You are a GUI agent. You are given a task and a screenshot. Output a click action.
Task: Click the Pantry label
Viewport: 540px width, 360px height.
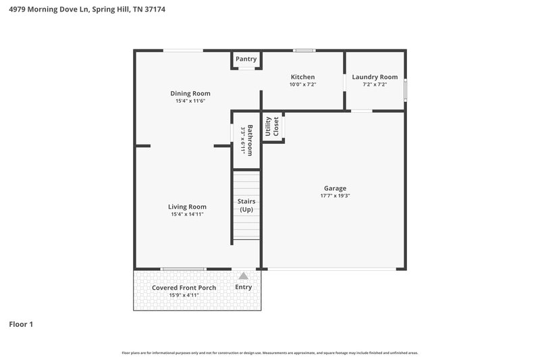click(x=246, y=59)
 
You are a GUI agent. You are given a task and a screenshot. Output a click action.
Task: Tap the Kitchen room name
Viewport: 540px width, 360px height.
click(x=302, y=77)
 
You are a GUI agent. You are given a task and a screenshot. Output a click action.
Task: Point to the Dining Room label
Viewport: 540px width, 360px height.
click(x=190, y=93)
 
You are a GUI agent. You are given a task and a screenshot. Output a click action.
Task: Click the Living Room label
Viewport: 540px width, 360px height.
click(x=187, y=207)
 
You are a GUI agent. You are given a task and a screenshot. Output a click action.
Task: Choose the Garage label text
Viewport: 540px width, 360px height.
click(x=335, y=188)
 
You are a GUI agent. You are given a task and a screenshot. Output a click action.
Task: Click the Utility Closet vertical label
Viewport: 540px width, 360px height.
click(x=272, y=127)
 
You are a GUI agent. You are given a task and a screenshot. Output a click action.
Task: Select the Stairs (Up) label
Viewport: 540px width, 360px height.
click(x=246, y=205)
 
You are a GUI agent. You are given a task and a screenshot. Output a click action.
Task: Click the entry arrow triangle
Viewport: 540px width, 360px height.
click(x=243, y=276)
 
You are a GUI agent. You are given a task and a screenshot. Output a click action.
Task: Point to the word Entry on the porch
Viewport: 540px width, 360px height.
click(x=243, y=287)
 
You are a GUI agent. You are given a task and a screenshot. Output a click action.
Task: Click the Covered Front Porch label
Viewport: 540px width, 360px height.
click(x=184, y=288)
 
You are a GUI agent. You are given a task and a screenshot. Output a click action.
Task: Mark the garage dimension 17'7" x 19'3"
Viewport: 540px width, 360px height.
click(x=335, y=196)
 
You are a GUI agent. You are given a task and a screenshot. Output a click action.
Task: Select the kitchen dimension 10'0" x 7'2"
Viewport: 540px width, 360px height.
click(x=302, y=84)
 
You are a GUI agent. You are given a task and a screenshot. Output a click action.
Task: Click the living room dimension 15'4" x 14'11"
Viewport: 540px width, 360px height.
click(x=187, y=214)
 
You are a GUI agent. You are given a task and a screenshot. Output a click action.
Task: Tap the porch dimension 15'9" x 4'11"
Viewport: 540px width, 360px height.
click(x=184, y=295)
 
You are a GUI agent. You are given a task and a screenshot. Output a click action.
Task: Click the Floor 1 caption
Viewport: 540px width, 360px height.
click(x=21, y=324)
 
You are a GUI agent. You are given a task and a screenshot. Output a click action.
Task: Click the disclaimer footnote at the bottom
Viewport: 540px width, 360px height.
click(x=269, y=353)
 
